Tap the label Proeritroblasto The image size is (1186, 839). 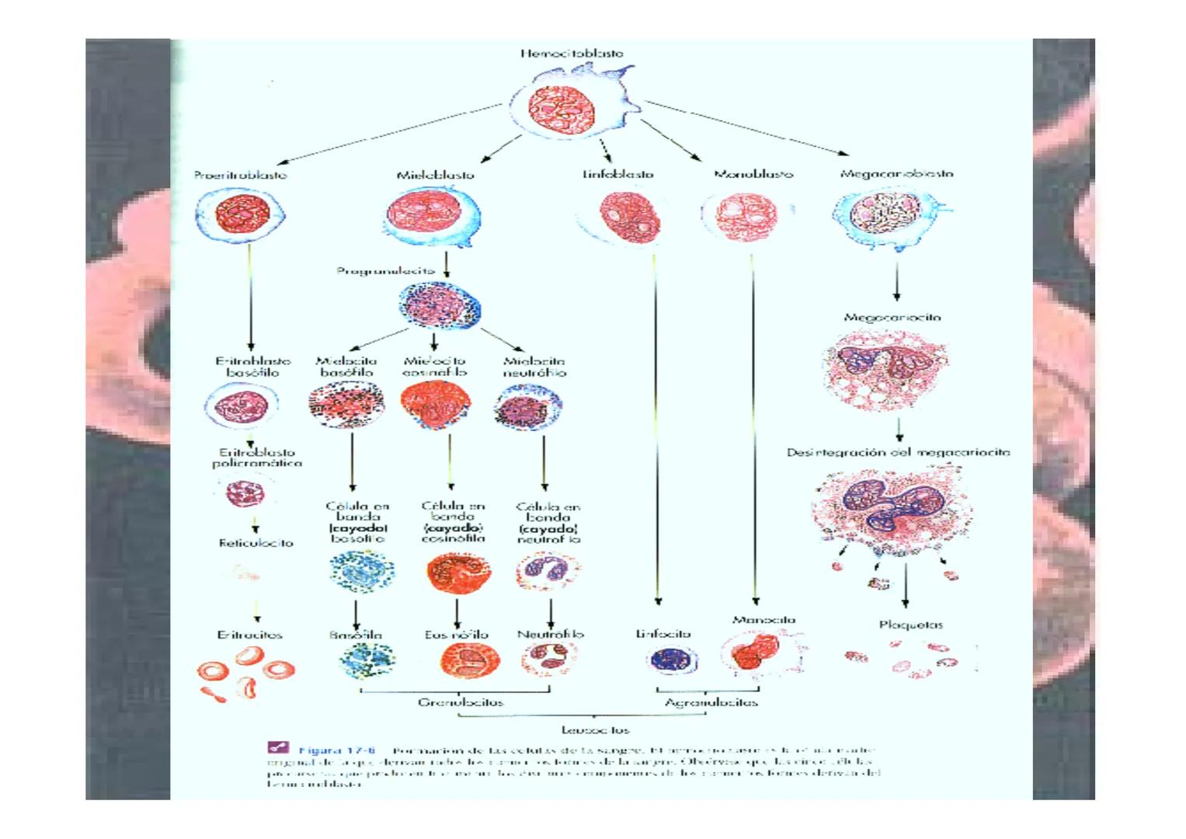(x=241, y=175)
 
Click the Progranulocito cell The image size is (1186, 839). (x=440, y=305)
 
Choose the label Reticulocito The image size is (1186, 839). (x=256, y=543)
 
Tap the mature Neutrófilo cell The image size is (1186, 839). (x=549, y=659)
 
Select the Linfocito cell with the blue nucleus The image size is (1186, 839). (x=671, y=660)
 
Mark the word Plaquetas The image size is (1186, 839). (x=911, y=624)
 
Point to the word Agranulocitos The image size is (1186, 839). (x=711, y=702)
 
